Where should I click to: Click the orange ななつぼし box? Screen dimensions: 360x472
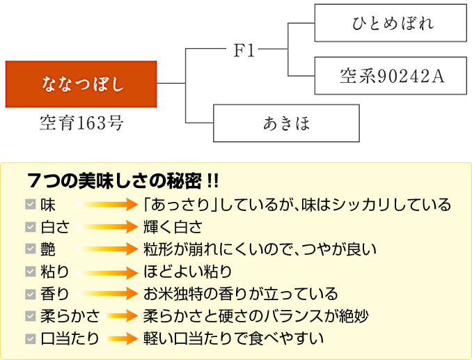coord(81,84)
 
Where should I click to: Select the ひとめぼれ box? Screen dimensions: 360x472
coord(390,22)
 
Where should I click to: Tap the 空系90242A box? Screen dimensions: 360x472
coord(390,75)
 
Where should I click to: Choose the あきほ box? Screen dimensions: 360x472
coord(286,123)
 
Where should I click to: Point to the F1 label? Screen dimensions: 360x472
coord(243,50)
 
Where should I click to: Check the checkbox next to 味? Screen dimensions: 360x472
coord(30,205)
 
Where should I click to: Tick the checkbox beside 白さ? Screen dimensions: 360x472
coord(30,227)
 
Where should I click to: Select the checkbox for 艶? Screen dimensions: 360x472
coord(30,249)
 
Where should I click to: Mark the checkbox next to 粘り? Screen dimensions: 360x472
coord(30,272)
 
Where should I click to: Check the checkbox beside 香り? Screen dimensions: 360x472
coord(30,294)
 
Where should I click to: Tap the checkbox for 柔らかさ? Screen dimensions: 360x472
coord(30,316)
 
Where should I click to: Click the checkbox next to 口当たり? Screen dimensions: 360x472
coord(30,339)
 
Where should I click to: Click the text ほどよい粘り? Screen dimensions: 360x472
coord(187,272)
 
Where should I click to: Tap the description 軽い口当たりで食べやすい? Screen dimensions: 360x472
coord(233,339)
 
